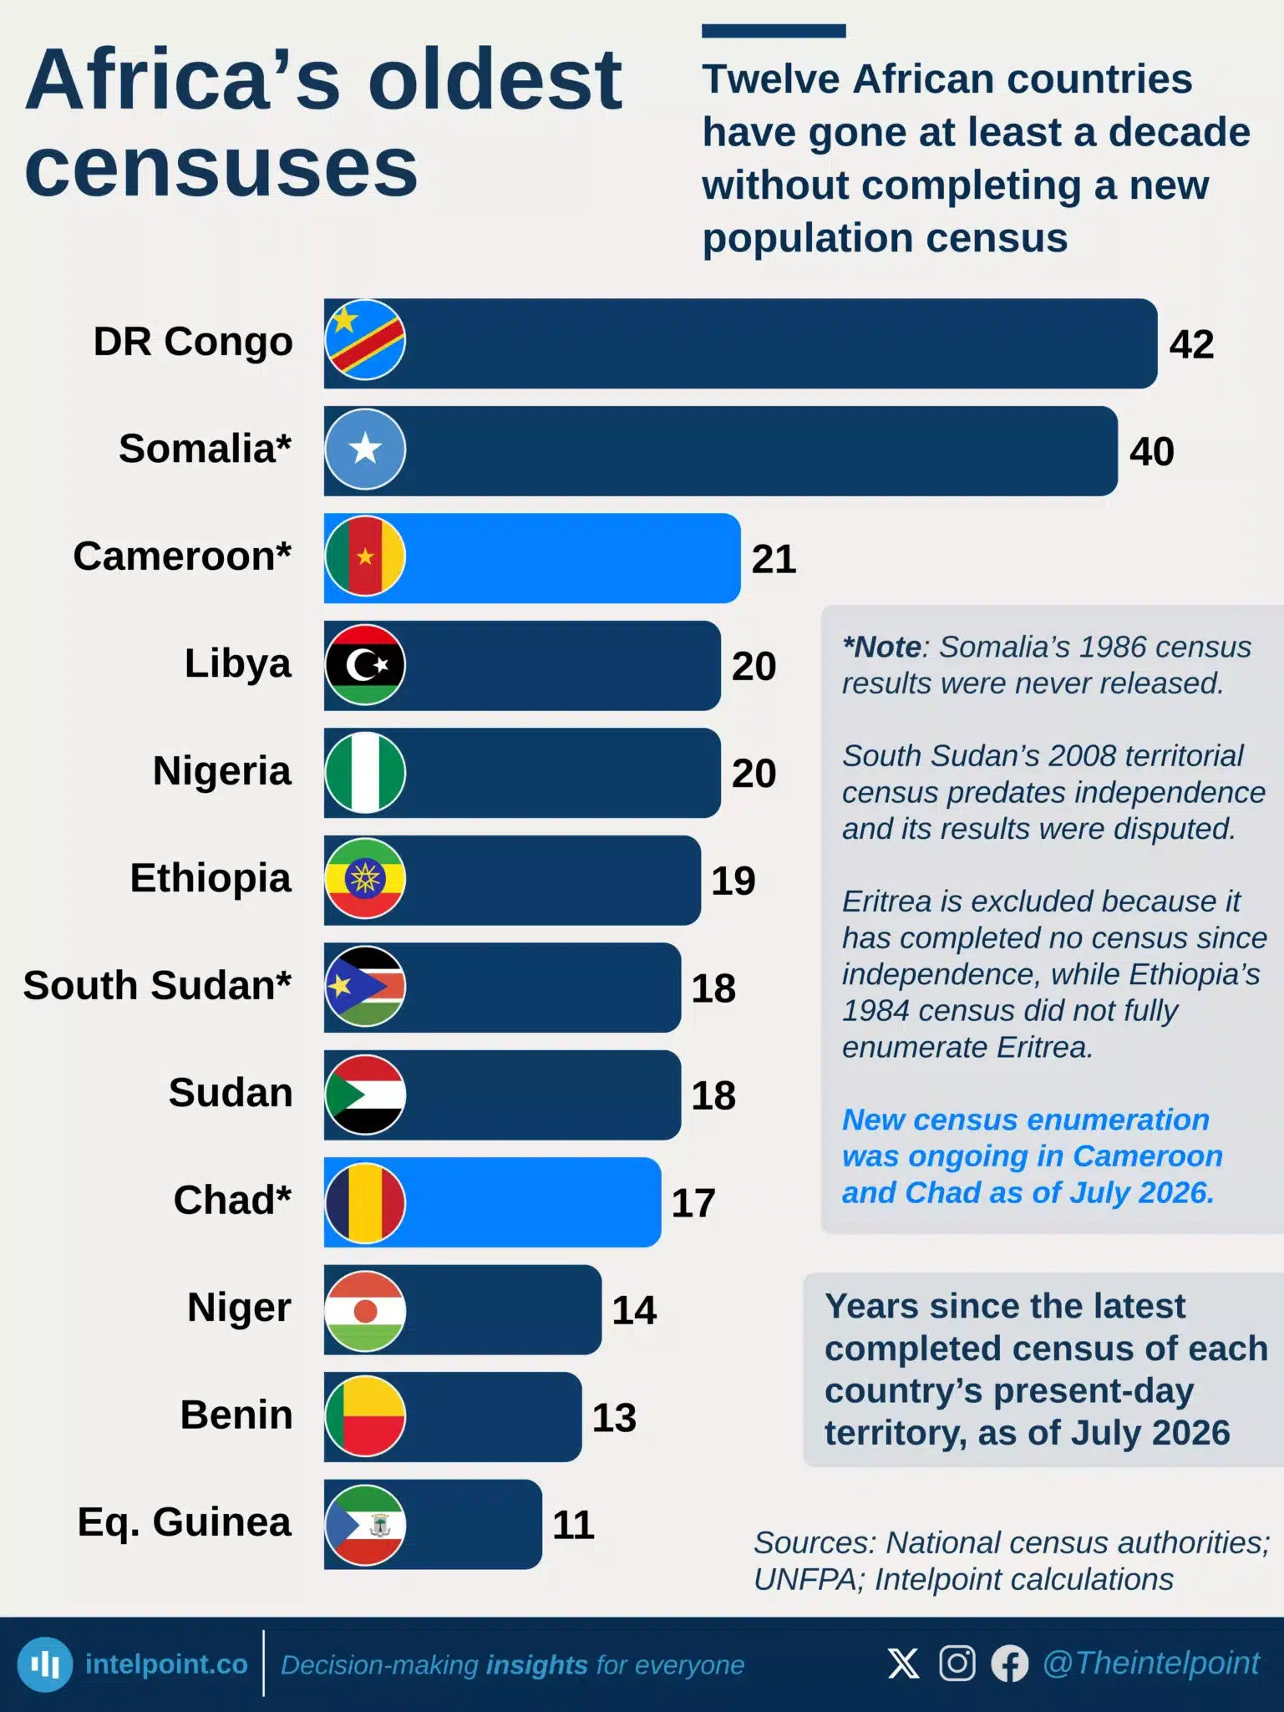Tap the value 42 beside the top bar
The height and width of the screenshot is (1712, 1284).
[x=1191, y=344]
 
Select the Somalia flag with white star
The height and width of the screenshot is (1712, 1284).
[x=365, y=450]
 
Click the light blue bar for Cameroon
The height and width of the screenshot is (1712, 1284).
[x=532, y=557]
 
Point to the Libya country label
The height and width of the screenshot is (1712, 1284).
[x=238, y=664]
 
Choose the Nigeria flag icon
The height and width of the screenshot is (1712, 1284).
[x=365, y=772]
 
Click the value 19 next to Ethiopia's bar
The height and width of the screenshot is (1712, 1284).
[x=733, y=881]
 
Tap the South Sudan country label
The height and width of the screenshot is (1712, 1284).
[x=157, y=985]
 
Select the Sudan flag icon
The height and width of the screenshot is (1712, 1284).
[x=365, y=1095]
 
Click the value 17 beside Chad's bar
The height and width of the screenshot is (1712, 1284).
[x=693, y=1203]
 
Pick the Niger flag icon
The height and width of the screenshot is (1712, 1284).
[x=365, y=1310]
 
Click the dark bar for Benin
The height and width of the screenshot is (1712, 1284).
[x=453, y=1417]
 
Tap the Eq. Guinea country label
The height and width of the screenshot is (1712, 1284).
[x=185, y=1522]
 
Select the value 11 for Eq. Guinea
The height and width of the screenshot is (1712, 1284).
[x=573, y=1525]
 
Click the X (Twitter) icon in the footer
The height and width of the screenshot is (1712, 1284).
[x=903, y=1664]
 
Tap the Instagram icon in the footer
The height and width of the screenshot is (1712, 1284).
[x=957, y=1664]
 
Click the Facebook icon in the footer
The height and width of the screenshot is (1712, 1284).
[x=1010, y=1664]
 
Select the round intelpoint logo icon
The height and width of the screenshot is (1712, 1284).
[x=45, y=1664]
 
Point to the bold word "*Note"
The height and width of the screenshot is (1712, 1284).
[x=881, y=647]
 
